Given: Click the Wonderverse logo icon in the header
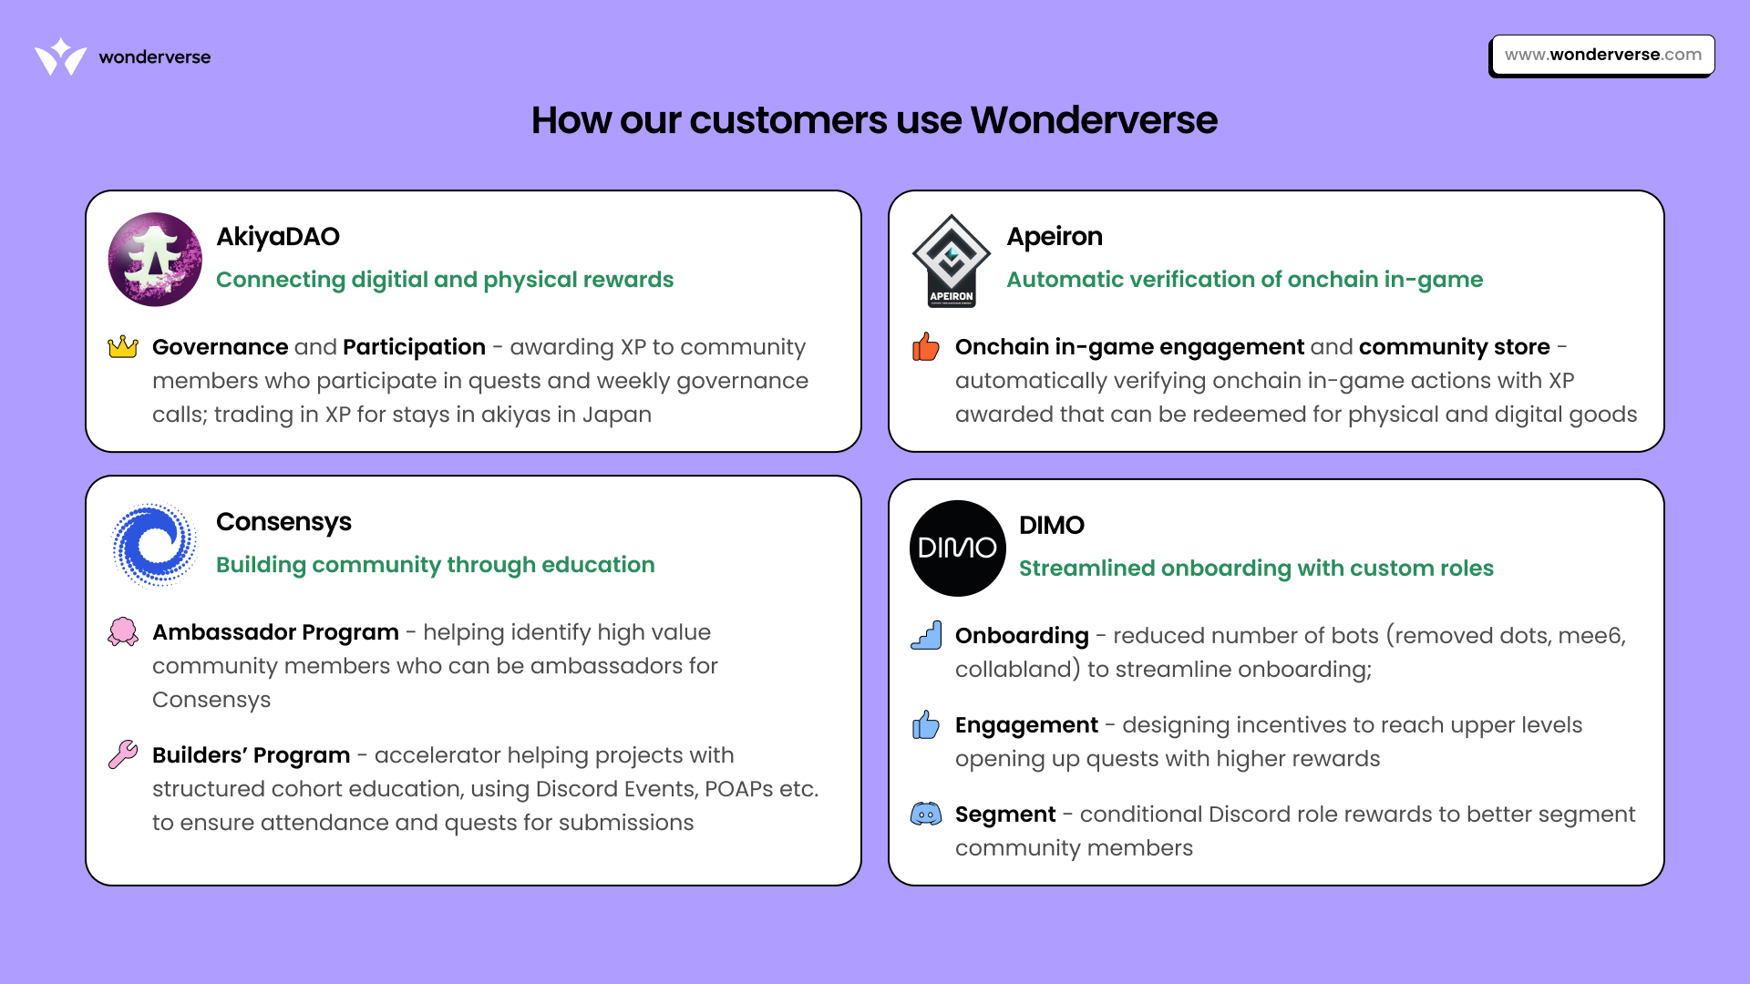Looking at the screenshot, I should [60, 56].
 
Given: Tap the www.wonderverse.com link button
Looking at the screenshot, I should [1602, 55].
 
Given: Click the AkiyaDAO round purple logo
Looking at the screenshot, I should [155, 260].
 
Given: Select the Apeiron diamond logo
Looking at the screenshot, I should [952, 261].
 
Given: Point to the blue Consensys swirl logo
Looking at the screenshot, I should [154, 545].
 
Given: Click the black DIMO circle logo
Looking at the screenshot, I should [957, 548].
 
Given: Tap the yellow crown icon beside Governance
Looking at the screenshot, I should [123, 347].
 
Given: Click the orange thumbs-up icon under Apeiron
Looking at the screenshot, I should [925, 347].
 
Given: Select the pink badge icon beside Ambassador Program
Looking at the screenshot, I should [123, 631].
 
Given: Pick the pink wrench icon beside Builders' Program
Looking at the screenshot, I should [123, 754].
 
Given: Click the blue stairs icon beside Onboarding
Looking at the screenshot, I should [926, 635].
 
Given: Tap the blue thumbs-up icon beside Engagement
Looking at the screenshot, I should [925, 725].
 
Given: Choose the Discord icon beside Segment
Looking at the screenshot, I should [926, 814].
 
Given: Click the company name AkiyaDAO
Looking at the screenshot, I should [278, 237].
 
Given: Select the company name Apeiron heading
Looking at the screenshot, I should [1055, 237].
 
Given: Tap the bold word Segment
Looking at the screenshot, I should [1005, 815].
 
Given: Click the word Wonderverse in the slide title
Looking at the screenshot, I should [1094, 120].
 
